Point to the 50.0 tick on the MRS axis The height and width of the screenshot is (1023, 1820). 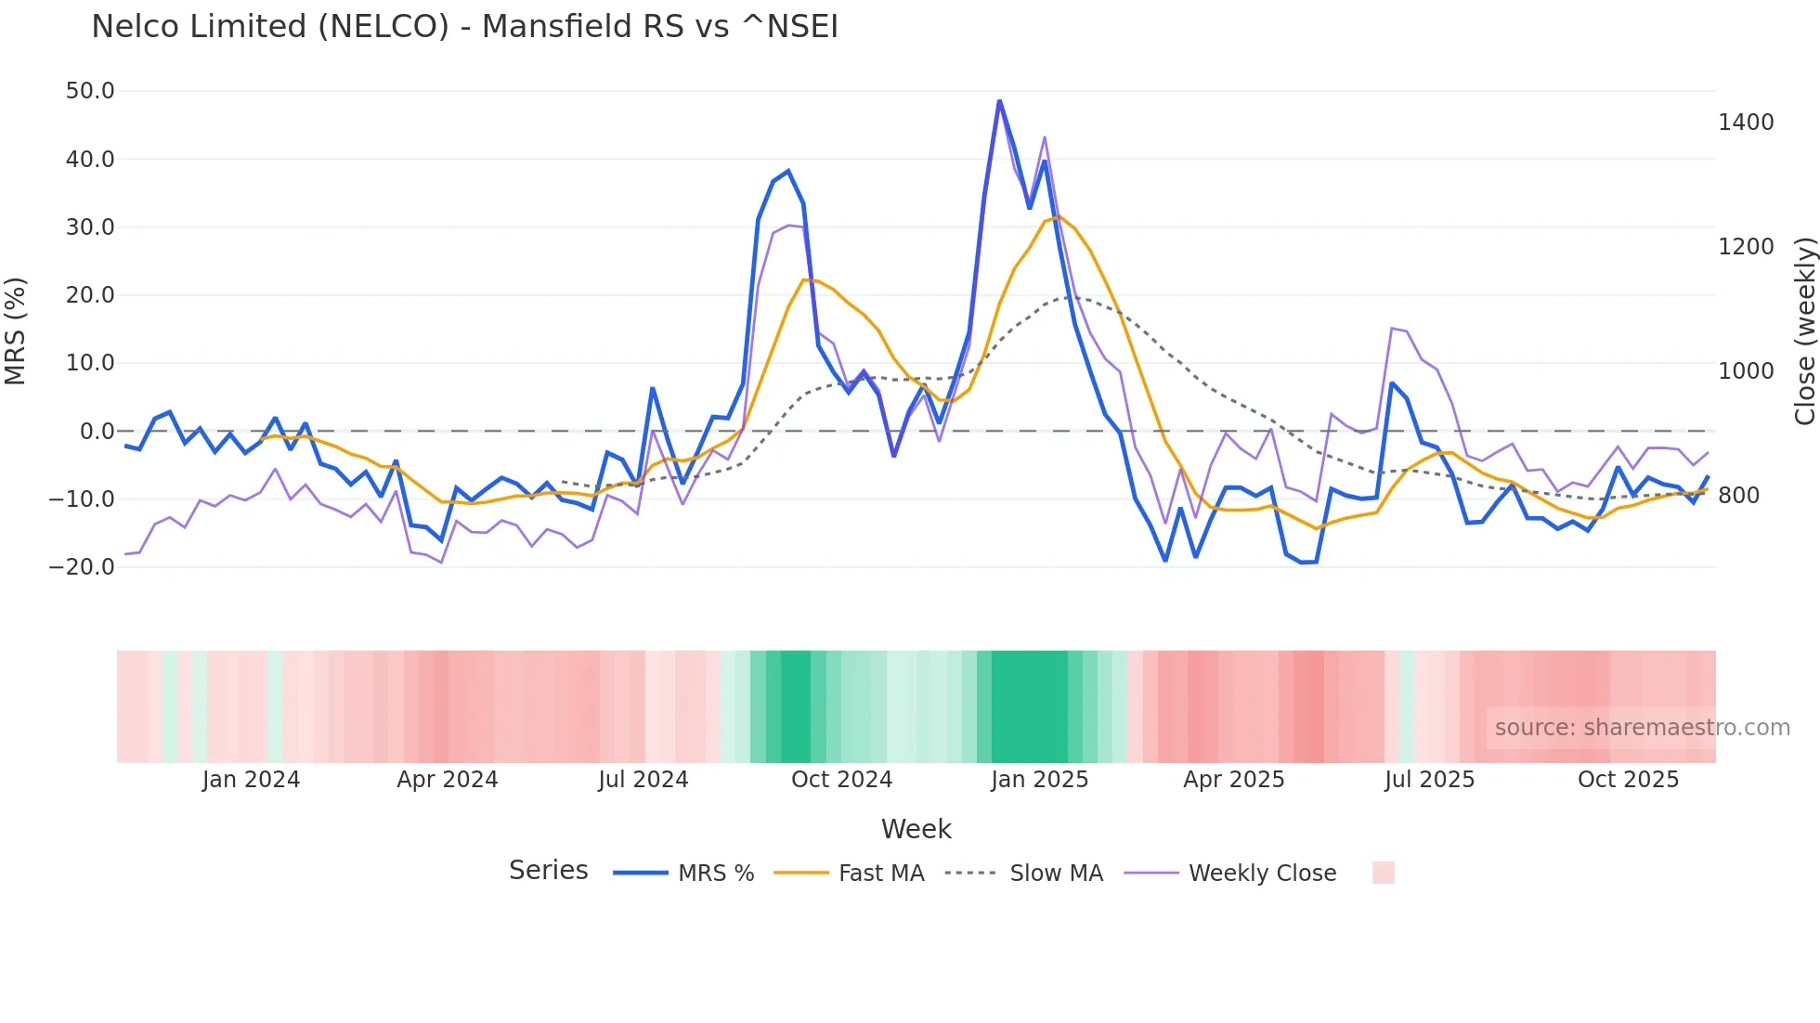click(90, 91)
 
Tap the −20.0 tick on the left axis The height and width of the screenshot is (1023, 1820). click(82, 567)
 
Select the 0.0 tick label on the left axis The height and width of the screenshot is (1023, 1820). click(97, 432)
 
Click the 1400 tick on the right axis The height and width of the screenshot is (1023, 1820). click(1746, 123)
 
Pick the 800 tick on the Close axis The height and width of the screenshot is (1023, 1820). click(1738, 496)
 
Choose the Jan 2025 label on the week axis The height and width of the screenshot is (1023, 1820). click(1039, 780)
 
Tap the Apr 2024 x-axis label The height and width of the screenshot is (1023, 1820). click(448, 780)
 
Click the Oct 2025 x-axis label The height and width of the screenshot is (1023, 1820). click(1628, 780)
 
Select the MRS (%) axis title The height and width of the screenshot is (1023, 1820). click(16, 331)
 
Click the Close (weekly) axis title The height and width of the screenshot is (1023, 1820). click(1804, 331)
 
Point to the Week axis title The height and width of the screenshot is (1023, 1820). click(916, 829)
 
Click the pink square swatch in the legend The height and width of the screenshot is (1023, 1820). click(1383, 873)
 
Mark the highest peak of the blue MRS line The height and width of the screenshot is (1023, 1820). click(999, 100)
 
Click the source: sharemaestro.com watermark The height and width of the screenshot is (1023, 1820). click(1642, 728)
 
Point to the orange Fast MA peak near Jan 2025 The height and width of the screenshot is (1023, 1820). click(1059, 216)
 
